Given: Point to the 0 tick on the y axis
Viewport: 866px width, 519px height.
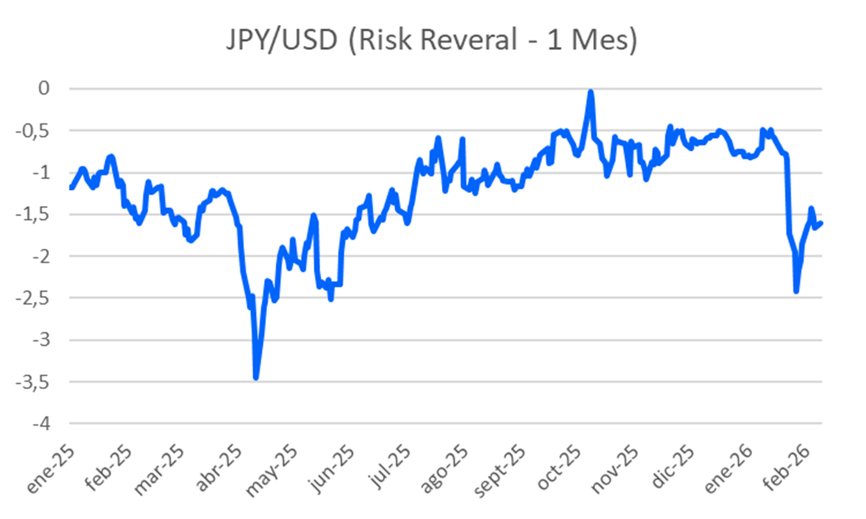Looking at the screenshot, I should pos(44,88).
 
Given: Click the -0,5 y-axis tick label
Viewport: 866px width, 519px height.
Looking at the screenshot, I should pos(33,131).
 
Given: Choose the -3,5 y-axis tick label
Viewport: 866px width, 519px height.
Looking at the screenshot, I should pos(33,382).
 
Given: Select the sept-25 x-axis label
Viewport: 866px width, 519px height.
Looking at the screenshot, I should pos(499,472).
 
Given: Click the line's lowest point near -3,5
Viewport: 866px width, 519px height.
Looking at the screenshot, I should pos(256,377).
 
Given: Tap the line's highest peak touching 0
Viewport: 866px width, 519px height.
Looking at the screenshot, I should pos(591,92).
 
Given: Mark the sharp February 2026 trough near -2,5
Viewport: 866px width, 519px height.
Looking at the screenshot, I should pos(796,291).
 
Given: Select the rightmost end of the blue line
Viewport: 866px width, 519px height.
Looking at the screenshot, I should pos(821,223).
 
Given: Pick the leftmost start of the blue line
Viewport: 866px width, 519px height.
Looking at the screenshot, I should pos(70,187).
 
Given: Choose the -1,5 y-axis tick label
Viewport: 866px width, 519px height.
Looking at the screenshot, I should pos(33,215).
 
